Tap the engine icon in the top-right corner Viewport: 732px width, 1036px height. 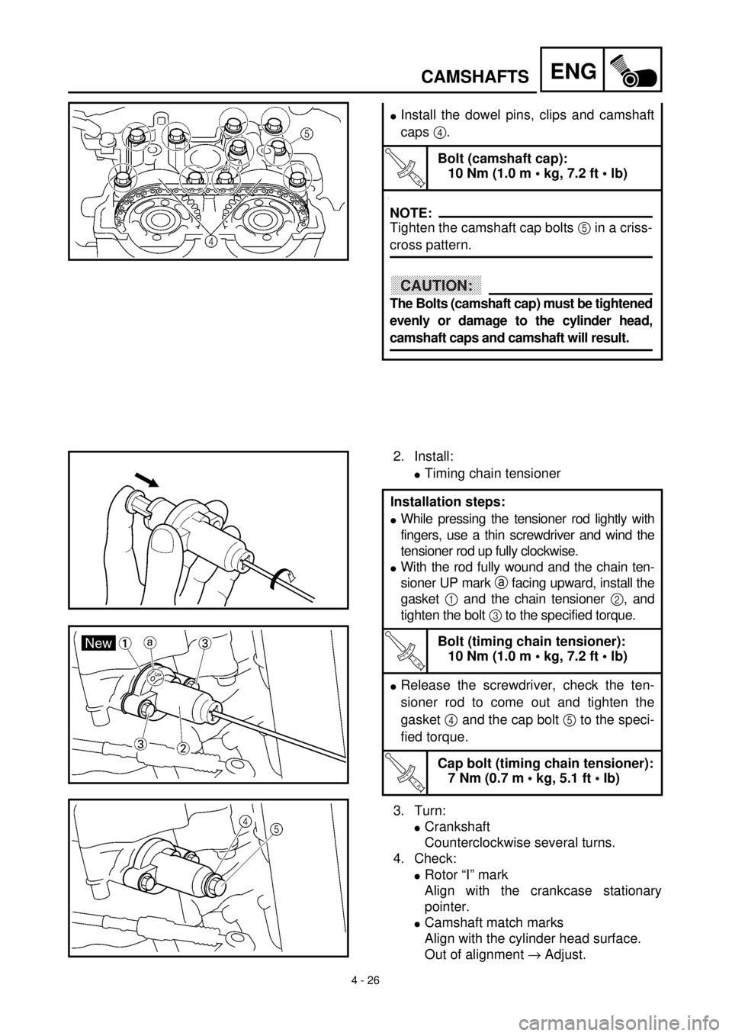tap(633, 69)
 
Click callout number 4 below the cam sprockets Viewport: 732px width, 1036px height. tap(213, 241)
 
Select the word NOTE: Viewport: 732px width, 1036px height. tap(411, 213)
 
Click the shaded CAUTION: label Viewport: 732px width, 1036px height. tap(436, 285)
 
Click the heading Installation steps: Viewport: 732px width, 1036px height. tap(448, 502)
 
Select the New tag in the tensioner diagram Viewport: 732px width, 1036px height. tap(99, 643)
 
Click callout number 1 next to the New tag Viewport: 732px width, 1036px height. tap(124, 643)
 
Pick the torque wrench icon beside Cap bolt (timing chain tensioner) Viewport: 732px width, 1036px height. tap(404, 772)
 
